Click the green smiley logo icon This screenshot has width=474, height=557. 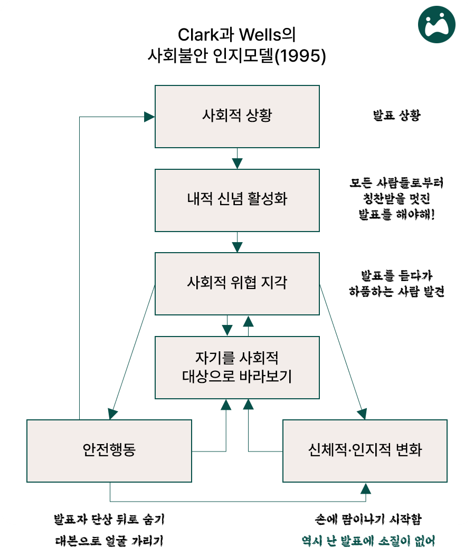(436, 24)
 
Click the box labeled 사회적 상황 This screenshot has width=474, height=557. (237, 117)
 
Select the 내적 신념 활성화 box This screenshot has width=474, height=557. (237, 200)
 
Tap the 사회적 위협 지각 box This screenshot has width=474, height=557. (237, 283)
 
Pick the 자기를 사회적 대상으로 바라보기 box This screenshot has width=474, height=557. (237, 368)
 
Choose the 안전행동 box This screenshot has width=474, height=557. (109, 450)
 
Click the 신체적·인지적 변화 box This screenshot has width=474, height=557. (365, 450)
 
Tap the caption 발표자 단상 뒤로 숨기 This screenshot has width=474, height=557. (109, 519)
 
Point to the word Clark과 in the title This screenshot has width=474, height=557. (202, 35)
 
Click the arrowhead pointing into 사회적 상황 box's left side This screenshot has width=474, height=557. (149, 117)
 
